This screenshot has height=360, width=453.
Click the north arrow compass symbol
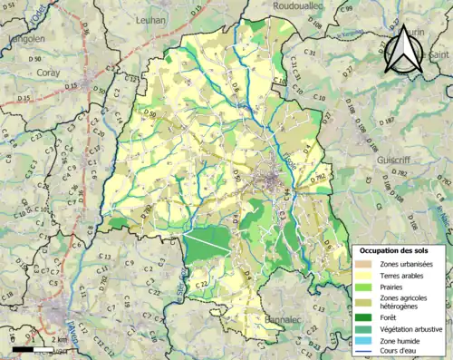[x=403, y=50]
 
